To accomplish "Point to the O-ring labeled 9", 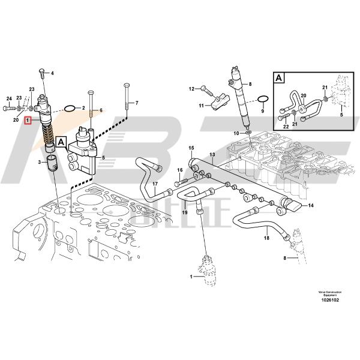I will (x=262, y=99).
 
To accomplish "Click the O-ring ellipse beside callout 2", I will (x=70, y=109).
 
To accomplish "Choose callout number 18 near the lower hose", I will (x=266, y=238).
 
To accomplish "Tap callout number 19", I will (x=185, y=212).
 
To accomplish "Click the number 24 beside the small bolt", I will (x=8, y=98).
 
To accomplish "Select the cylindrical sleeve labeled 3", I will (x=53, y=162).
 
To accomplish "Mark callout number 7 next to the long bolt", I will (x=136, y=103).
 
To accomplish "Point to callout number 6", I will (x=101, y=110).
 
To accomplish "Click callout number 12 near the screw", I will (x=193, y=89).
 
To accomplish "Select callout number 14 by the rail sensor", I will (x=311, y=206).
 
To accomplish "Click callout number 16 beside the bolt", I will (x=179, y=171).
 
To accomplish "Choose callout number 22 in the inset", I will (x=286, y=126).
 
